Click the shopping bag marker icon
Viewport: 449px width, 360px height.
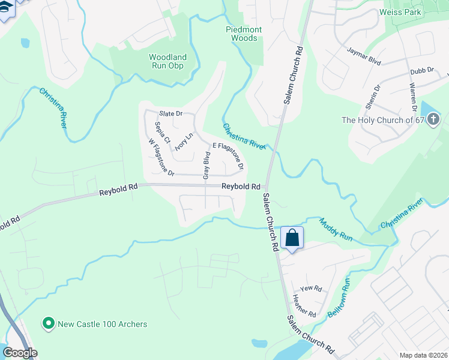pyautogui.click(x=292, y=238)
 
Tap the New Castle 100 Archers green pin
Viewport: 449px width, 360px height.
pyautogui.click(x=48, y=324)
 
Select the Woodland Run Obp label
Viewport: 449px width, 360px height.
pyautogui.click(x=167, y=61)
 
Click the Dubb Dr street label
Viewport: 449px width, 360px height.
pyautogui.click(x=422, y=71)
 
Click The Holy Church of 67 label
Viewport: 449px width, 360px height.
pyautogui.click(x=390, y=120)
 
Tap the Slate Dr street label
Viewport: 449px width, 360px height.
pyautogui.click(x=170, y=114)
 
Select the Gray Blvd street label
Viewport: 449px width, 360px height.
pyautogui.click(x=206, y=166)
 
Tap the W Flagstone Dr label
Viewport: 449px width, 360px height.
pyautogui.click(x=161, y=158)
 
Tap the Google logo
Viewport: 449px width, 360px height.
pyautogui.click(x=20, y=353)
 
